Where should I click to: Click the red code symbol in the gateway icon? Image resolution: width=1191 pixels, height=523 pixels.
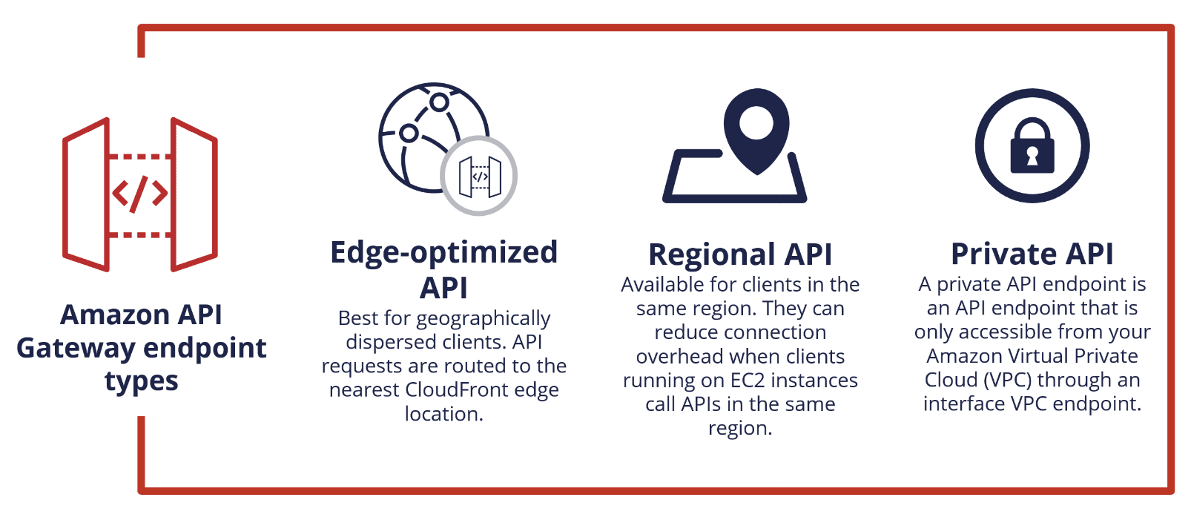140,194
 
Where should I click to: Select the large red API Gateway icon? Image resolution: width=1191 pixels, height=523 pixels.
140,194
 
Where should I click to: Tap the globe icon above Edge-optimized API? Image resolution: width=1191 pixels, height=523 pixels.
433,137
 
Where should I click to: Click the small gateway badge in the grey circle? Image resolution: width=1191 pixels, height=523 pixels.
480,176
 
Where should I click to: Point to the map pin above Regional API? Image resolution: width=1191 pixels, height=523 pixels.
756,131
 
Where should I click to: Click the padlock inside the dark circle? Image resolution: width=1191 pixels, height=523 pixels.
1032,145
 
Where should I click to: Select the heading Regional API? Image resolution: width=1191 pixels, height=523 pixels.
740,254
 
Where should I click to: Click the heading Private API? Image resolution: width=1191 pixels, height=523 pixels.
1032,254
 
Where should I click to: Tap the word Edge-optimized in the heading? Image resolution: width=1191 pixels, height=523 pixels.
444,253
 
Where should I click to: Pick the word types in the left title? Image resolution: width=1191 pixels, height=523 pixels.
142,381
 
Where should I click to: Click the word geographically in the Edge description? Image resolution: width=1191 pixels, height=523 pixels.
483,319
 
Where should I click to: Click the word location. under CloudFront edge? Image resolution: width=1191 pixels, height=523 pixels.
444,413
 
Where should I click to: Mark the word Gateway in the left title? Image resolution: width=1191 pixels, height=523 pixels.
76,349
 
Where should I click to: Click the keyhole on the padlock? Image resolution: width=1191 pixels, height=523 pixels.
1032,157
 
